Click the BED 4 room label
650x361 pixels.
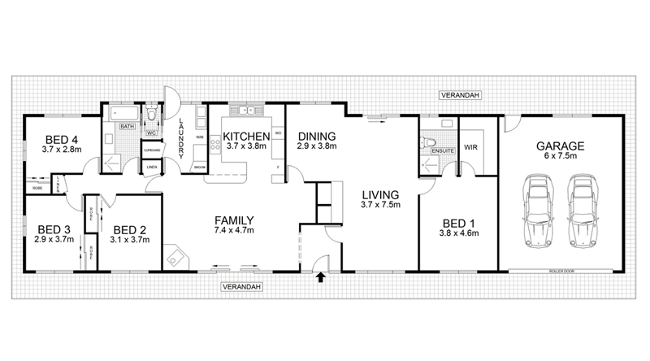tap(62, 138)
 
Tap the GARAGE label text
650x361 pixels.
tap(560, 146)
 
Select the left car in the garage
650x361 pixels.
tap(538, 211)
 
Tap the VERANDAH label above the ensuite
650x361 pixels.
tap(461, 95)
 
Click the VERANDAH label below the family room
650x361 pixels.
tap(242, 287)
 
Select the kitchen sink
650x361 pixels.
tap(244, 110)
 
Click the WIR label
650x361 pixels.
tap(470, 147)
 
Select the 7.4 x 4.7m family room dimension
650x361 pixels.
tap(234, 232)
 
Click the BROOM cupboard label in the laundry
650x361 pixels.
tap(199, 167)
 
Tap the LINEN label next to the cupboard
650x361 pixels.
tap(151, 167)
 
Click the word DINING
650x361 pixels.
tap(314, 136)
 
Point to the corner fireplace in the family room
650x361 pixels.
tap(175, 257)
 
